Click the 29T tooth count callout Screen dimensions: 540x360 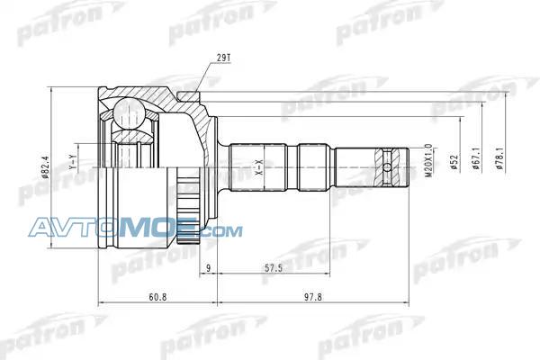click(223, 58)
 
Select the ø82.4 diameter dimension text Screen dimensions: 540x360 click(46, 167)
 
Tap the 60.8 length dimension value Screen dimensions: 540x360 click(157, 297)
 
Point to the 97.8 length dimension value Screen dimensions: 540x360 click(313, 297)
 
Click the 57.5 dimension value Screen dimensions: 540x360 click(274, 268)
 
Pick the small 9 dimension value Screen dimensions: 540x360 click(208, 268)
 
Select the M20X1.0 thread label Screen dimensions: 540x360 click(428, 160)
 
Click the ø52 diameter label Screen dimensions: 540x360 click(454, 162)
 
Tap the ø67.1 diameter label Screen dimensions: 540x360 click(477, 158)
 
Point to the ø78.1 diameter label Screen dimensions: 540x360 click(499, 158)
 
